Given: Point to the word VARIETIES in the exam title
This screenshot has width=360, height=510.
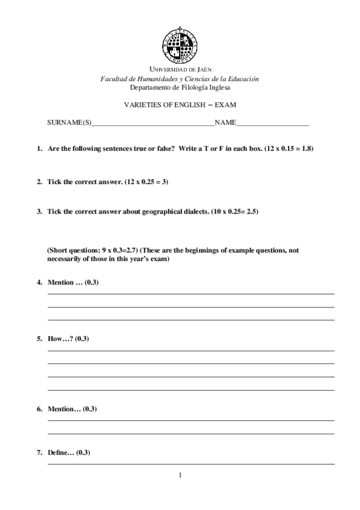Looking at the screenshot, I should (141, 104).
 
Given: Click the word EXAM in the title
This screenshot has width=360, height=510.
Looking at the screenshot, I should (225, 104).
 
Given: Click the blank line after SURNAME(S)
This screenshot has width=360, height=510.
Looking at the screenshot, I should (153, 124).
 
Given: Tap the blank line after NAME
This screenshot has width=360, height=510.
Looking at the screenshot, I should (273, 124).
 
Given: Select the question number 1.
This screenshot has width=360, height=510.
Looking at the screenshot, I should (39, 148).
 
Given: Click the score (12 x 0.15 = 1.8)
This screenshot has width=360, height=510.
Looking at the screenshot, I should (290, 148).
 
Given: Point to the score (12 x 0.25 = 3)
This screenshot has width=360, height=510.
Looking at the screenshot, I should (147, 181).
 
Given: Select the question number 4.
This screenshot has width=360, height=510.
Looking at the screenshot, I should (39, 282).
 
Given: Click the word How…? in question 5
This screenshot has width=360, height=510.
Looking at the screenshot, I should (60, 339).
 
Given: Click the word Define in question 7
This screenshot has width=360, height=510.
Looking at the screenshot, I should (61, 452).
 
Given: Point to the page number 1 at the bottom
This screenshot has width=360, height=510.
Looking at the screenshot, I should (180, 475).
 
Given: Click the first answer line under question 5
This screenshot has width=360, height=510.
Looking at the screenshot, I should (191, 350).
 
